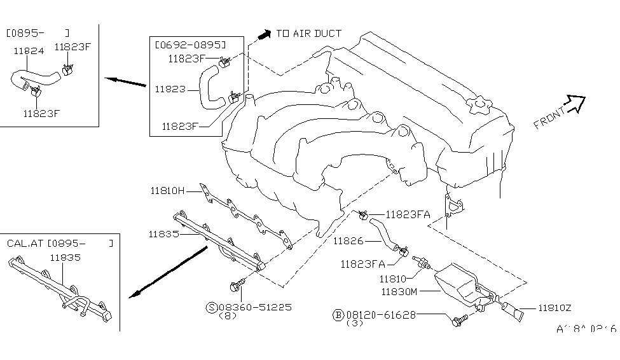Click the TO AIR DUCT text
[308, 33]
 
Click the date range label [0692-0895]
[189, 45]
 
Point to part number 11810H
[167, 190]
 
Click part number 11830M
[399, 292]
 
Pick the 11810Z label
[555, 308]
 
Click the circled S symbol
[211, 307]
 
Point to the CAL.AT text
[24, 243]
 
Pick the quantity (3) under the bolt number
[355, 323]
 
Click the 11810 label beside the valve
[392, 278]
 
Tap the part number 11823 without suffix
[167, 89]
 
